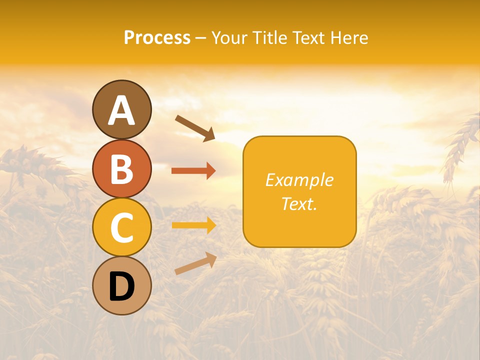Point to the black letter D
[122, 286]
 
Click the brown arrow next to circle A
[195, 127]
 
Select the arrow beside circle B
[193, 170]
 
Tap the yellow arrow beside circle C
[193, 225]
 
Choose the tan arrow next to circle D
[195, 263]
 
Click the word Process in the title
[157, 38]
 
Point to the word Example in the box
[299, 180]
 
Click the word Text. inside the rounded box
[299, 203]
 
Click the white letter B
[122, 169]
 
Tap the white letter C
[122, 227]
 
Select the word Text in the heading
[308, 37]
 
